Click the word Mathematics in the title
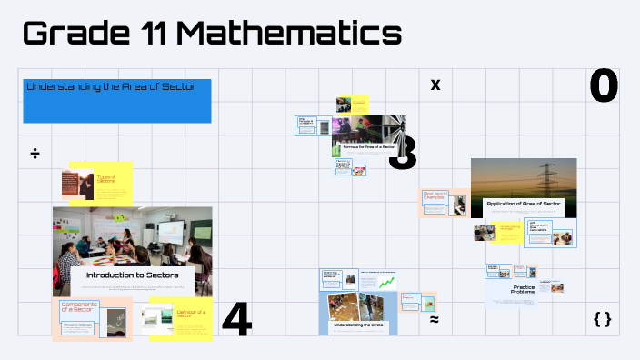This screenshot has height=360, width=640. pyautogui.click(x=288, y=34)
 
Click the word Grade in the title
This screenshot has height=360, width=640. pyautogui.click(x=76, y=34)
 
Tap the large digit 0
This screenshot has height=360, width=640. pyautogui.click(x=604, y=86)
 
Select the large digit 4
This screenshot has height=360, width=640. pyautogui.click(x=236, y=320)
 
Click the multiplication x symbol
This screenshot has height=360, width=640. pyautogui.click(x=435, y=85)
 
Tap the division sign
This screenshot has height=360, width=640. pyautogui.click(x=35, y=153)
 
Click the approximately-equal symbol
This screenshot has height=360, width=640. pyautogui.click(x=434, y=320)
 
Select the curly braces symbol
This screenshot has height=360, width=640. pyautogui.click(x=602, y=319)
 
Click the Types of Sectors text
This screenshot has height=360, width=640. pyautogui.click(x=106, y=180)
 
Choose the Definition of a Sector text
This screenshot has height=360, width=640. pyautogui.click(x=192, y=314)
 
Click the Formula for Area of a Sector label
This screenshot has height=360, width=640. pyautogui.click(x=368, y=145)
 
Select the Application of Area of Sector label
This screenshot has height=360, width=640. pyautogui.click(x=523, y=204)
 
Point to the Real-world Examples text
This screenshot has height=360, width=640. pyautogui.click(x=434, y=195)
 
